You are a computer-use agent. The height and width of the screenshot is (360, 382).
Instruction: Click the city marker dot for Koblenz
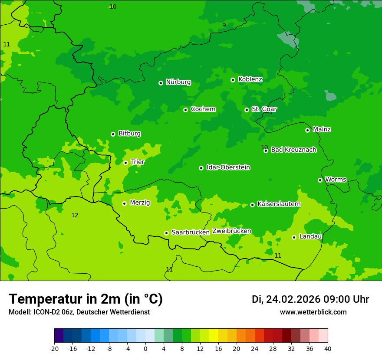tap(233, 80)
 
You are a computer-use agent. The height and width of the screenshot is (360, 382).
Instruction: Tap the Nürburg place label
tap(178, 82)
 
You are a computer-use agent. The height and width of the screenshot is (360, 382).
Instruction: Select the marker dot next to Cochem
tap(185, 110)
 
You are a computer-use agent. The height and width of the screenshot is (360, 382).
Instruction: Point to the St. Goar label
tap(264, 109)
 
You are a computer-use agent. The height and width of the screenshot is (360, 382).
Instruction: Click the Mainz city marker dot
tap(307, 130)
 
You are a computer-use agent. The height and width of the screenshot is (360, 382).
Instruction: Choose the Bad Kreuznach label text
tap(293, 150)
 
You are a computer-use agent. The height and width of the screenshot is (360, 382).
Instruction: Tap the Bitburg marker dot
tap(113, 134)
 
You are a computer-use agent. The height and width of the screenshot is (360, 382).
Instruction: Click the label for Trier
tap(138, 162)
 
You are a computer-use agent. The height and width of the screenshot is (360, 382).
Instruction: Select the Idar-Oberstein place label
tap(228, 167)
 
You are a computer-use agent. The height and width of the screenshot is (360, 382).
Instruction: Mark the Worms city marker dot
tap(320, 180)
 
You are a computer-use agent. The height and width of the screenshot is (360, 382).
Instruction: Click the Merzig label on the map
tap(140, 203)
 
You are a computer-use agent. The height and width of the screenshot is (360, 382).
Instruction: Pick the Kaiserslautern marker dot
tap(252, 205)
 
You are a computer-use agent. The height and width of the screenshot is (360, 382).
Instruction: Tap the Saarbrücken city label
tap(191, 232)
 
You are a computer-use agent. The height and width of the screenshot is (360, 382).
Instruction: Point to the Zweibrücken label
tap(231, 231)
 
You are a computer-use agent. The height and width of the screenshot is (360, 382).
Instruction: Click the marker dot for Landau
tap(294, 237)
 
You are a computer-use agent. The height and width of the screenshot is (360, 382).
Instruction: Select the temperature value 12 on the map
tap(75, 216)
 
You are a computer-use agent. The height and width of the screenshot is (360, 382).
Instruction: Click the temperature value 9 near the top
tap(224, 26)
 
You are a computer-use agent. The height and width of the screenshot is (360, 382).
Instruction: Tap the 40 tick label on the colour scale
tap(328, 349)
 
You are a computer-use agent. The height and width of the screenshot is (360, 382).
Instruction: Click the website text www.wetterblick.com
tap(313, 312)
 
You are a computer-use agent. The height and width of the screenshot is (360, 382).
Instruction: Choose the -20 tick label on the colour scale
tap(54, 349)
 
